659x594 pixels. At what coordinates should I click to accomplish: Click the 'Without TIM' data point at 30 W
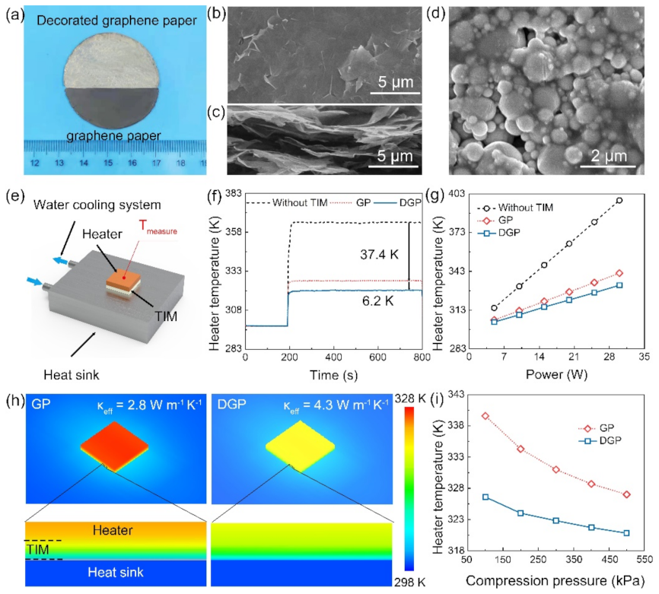619,201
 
